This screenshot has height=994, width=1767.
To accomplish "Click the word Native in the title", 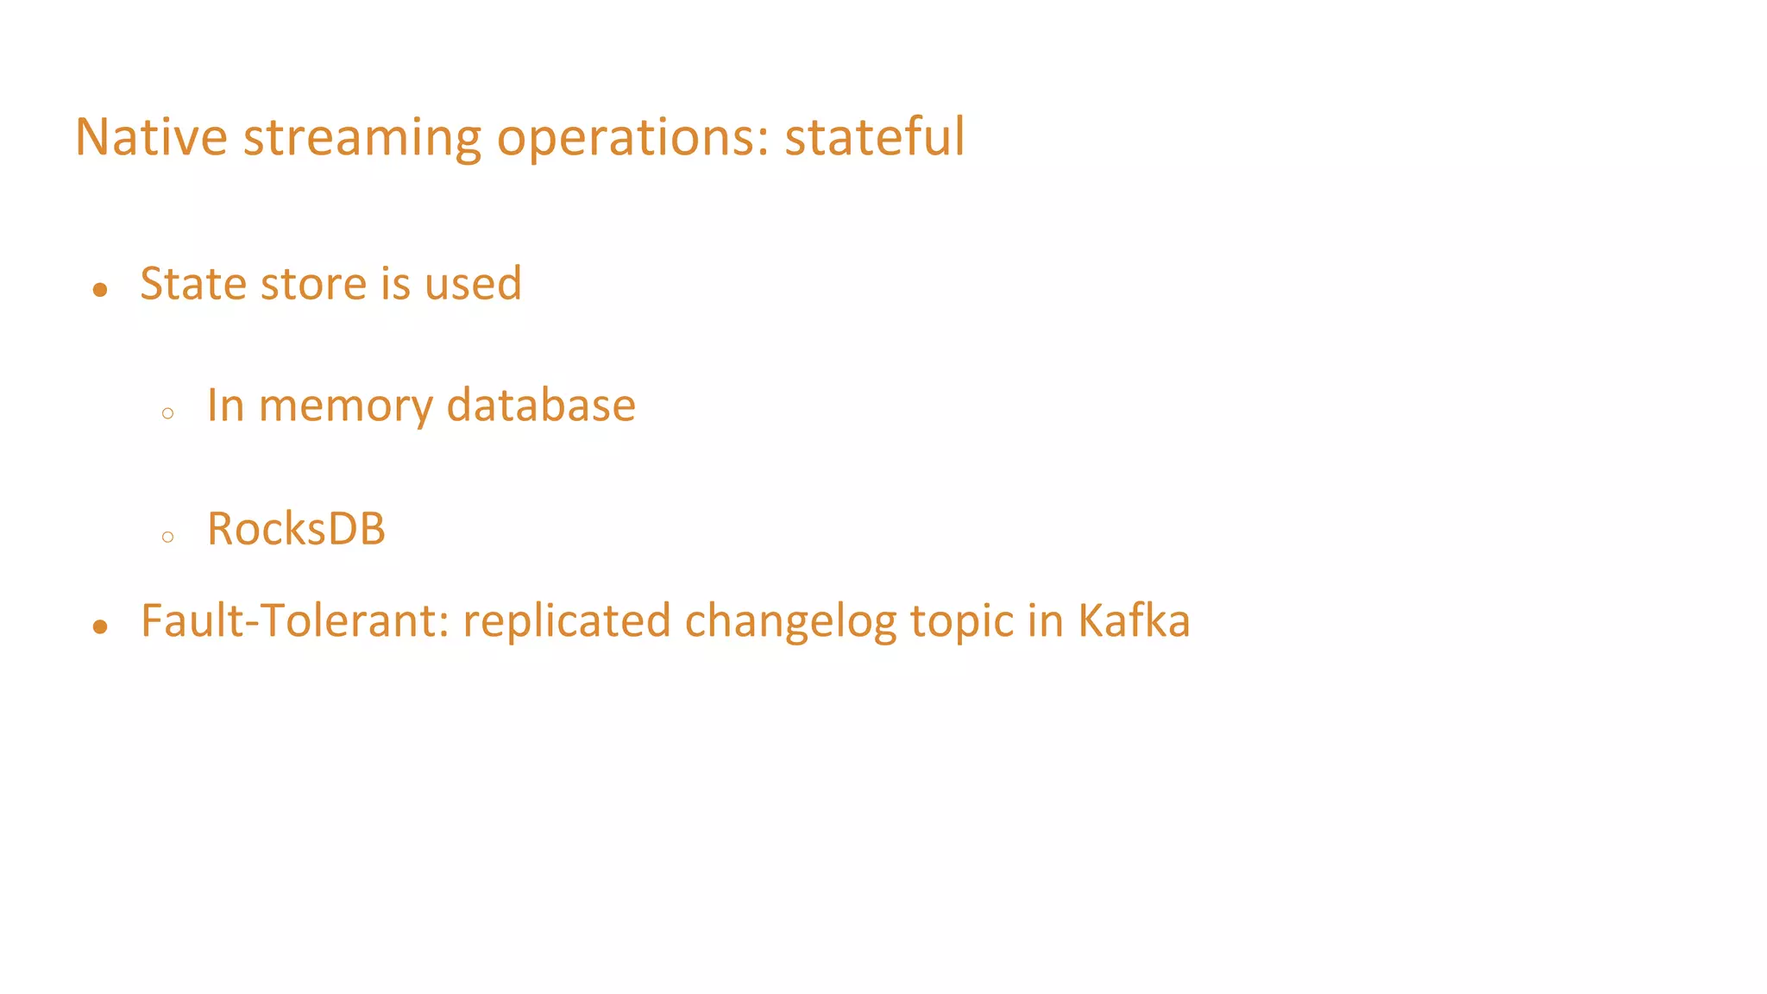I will pos(151,137).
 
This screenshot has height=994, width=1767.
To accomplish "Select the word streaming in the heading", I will pos(362,137).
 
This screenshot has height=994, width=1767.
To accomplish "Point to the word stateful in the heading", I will pos(874,137).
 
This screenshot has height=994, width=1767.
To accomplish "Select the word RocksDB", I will pos(296,529).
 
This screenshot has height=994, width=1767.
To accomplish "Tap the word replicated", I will pos(567,621).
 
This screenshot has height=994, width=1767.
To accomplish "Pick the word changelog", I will pos(790,621).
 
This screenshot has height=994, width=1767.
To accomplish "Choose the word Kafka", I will pos(1134,621).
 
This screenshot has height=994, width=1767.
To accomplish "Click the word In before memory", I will pos(225,406).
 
